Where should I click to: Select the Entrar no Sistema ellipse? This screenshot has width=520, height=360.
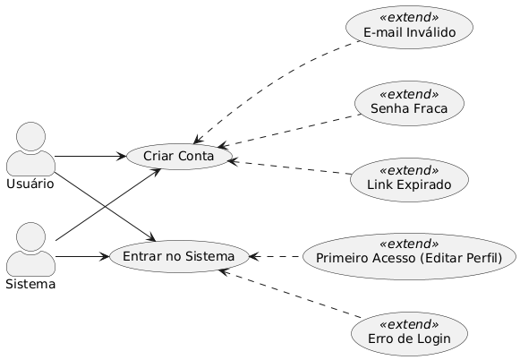click(x=178, y=257)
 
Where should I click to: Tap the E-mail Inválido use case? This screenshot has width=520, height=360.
click(x=409, y=25)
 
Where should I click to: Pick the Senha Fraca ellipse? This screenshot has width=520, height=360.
click(x=409, y=101)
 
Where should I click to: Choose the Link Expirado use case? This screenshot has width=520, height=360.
click(x=409, y=176)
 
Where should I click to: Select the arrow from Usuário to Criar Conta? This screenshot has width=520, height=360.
click(x=90, y=157)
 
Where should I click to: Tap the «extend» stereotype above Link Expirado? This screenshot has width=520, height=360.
click(x=409, y=167)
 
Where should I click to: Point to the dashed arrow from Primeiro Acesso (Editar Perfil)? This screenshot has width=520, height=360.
click(x=272, y=257)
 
